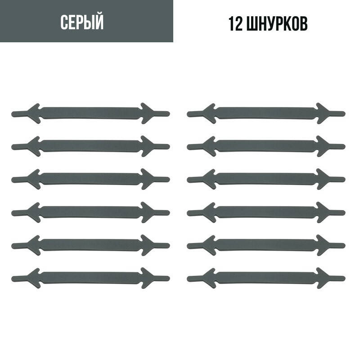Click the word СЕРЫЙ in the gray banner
(82, 22)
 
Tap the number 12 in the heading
(237, 24)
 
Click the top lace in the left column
(90, 113)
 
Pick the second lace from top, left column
(90, 146)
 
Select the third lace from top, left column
(90, 179)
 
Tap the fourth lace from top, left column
(90, 211)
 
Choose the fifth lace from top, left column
(90, 244)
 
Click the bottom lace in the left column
(90, 277)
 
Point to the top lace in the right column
(265, 113)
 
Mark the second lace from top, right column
(265, 146)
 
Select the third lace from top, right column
(265, 179)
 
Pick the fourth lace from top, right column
(265, 211)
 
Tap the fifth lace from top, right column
(265, 244)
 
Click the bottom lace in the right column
(265, 277)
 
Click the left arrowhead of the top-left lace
(34, 113)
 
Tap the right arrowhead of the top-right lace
(324, 113)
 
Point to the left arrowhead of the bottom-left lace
(34, 277)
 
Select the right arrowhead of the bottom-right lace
(324, 277)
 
